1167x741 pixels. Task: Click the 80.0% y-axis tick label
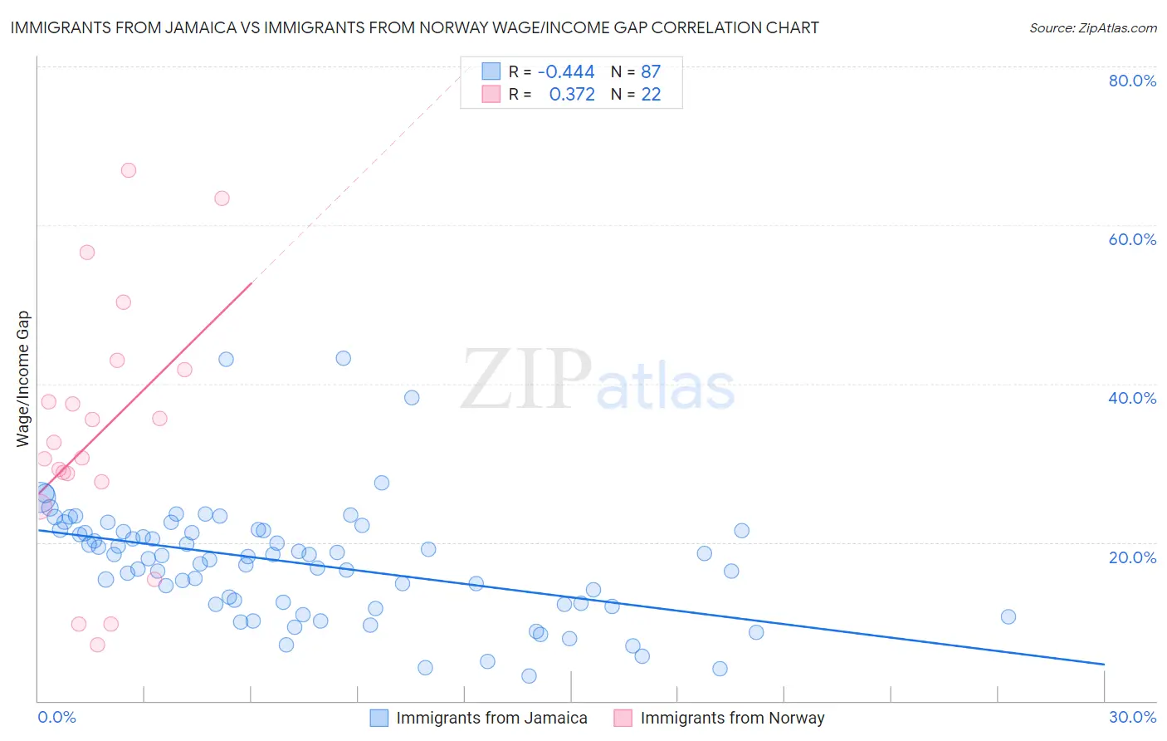coord(1132,81)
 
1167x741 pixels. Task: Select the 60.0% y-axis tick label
coord(1132,239)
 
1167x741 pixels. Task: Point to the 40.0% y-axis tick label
coord(1132,398)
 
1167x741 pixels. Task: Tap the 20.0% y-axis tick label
coord(1132,557)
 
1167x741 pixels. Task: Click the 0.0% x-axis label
coord(57,717)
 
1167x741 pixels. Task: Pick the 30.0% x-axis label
coord(1132,717)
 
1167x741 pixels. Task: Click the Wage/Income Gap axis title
coord(23,379)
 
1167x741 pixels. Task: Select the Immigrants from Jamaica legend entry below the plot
coord(491,718)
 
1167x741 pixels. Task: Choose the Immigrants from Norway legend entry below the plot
coord(732,718)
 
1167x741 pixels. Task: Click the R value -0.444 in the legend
coord(566,72)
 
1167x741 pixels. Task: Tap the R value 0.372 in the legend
coord(572,95)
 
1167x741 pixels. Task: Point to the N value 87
coord(651,72)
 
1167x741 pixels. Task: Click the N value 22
coord(651,95)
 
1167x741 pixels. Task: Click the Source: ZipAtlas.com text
coord(1092,28)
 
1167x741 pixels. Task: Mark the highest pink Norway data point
coord(129,170)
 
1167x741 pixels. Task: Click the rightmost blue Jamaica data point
coord(1008,616)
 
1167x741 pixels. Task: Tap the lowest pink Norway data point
coord(97,645)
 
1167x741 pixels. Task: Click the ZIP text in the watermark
coord(525,380)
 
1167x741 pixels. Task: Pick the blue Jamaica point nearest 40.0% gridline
coord(412,398)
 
